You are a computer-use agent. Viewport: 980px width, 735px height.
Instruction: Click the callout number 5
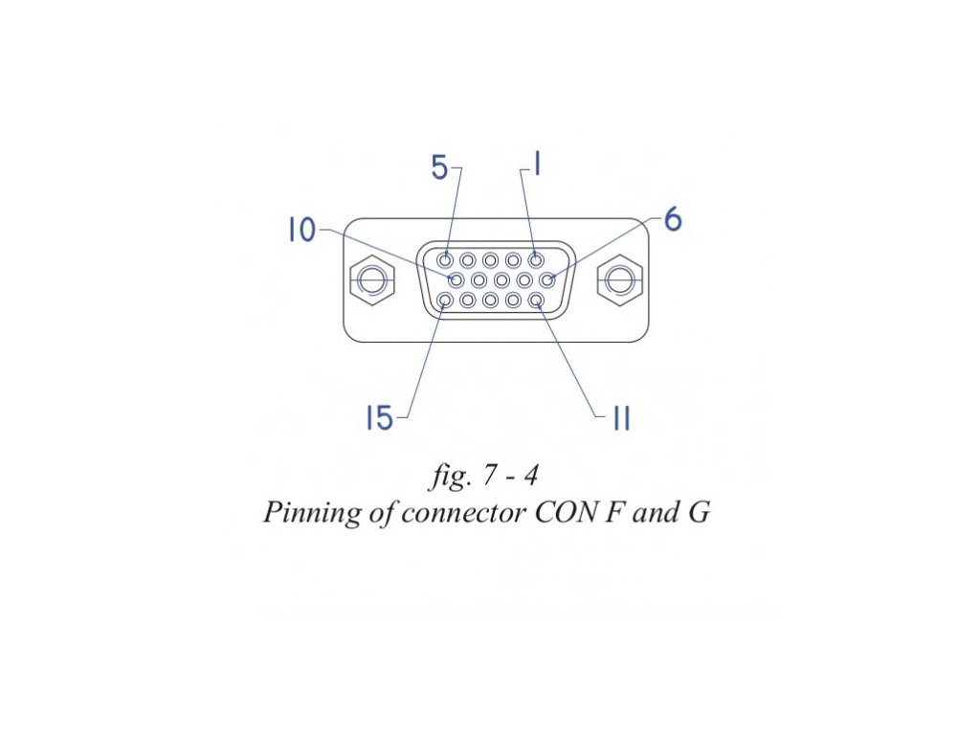439,168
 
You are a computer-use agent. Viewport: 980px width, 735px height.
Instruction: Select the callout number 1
538,166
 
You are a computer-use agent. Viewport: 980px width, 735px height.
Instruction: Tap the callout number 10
301,231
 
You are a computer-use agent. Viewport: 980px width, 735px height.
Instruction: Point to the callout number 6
673,220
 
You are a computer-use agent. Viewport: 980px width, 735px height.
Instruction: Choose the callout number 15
380,418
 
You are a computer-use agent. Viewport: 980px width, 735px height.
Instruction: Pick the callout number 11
621,418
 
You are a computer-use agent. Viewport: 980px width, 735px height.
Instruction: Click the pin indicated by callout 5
446,259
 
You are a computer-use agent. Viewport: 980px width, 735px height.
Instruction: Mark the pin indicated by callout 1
536,259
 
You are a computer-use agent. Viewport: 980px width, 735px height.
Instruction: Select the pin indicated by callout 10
457,280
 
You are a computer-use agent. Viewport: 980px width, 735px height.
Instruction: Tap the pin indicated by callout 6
547,280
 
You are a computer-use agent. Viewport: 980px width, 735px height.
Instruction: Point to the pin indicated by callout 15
446,301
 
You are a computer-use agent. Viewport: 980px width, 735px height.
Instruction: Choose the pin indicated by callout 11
536,301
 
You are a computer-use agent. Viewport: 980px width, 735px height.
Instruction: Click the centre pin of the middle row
501,280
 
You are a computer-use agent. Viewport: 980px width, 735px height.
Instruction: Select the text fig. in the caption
446,477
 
